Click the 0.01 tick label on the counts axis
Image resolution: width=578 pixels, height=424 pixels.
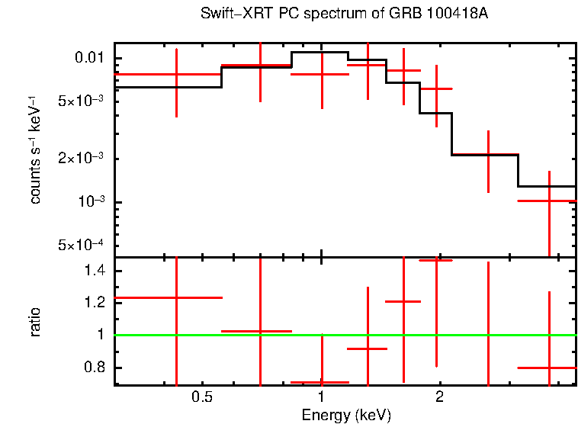point(90,59)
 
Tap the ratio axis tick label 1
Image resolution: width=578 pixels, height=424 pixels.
point(100,335)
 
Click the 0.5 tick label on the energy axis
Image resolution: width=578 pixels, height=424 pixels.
point(201,397)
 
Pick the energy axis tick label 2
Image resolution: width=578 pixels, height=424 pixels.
point(439,397)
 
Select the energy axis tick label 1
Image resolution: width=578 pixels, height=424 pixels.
point(321,397)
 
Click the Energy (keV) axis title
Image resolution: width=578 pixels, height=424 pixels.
point(345,415)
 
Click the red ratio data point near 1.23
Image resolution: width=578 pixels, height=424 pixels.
point(177,297)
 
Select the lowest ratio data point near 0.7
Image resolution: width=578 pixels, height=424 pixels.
point(321,382)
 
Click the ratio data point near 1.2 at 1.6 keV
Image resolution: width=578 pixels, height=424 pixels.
point(403,301)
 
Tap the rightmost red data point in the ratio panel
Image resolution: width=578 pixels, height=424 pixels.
point(550,368)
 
